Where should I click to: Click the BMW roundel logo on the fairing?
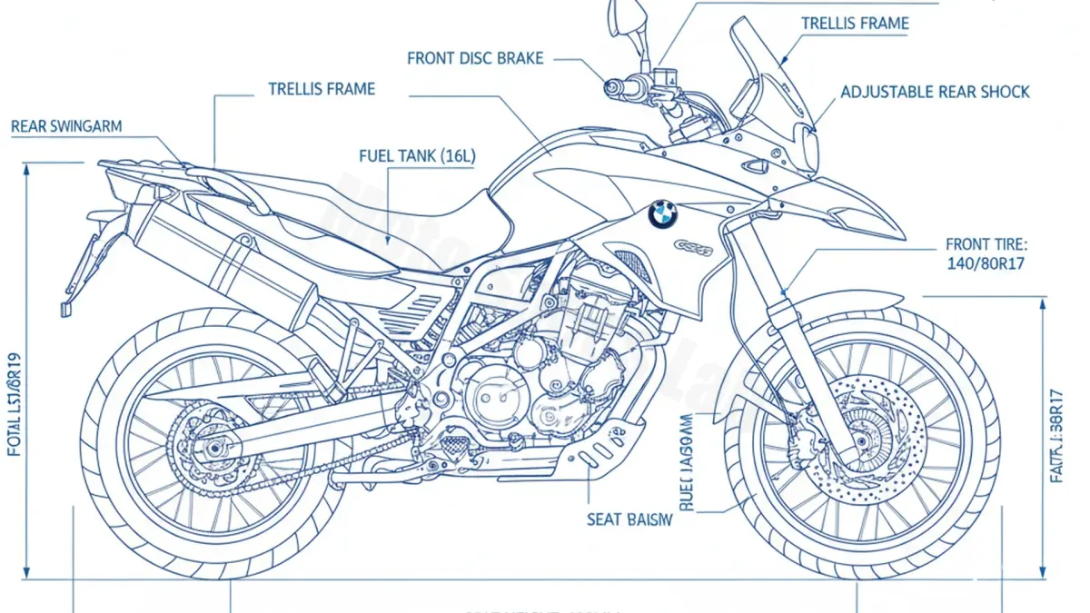click(663, 214)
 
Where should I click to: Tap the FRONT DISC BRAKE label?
click(475, 59)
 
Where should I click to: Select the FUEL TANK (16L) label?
click(417, 156)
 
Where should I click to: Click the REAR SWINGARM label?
click(66, 127)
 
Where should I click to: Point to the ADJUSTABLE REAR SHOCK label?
click(935, 92)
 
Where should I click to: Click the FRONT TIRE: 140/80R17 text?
click(986, 255)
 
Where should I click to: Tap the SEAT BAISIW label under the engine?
click(629, 519)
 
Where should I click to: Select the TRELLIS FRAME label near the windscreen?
click(855, 24)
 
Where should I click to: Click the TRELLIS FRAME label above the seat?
click(322, 89)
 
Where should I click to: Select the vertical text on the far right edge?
click(1055, 436)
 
